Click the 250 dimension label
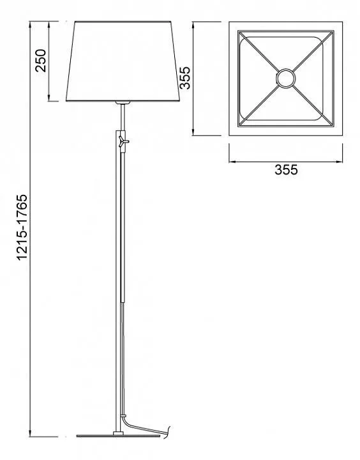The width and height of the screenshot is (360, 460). [x=41, y=61]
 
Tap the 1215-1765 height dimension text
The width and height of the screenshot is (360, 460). [x=22, y=227]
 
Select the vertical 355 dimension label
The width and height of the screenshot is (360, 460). [x=185, y=78]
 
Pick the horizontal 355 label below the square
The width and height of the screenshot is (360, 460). [x=286, y=170]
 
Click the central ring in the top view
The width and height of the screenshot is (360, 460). [x=285, y=70]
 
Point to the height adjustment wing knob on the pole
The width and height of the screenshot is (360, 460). [x=123, y=141]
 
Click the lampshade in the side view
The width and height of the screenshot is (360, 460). [x=123, y=61]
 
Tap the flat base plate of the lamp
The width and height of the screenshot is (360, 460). [x=119, y=436]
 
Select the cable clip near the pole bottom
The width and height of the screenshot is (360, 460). [x=123, y=416]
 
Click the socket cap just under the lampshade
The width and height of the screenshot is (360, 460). [x=123, y=103]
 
